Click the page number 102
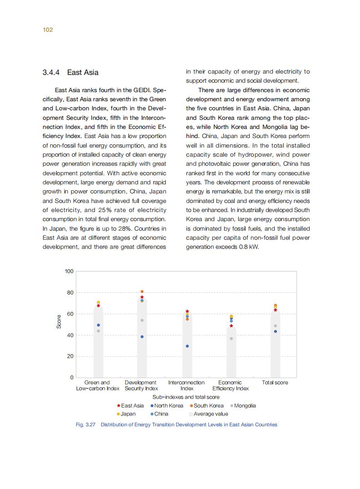coord(48,30)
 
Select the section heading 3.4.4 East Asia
coord(70,73)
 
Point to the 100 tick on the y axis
coord(69,272)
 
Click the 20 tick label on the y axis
coord(70,356)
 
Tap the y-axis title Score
coord(59,322)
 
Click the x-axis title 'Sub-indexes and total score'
coord(186,397)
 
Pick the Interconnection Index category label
coord(187,385)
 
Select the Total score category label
coord(275,383)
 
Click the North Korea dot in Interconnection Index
coord(187,346)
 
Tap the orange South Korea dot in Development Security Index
coord(142,291)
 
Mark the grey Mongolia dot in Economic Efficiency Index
coord(231,339)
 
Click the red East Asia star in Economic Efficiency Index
coord(231,326)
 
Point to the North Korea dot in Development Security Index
coord(142,337)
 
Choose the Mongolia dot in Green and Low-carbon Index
coord(98,331)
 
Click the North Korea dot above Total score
coord(275,331)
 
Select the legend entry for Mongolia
coord(244,405)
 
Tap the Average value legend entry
coord(208,414)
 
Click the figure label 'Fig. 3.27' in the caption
coord(85,425)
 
